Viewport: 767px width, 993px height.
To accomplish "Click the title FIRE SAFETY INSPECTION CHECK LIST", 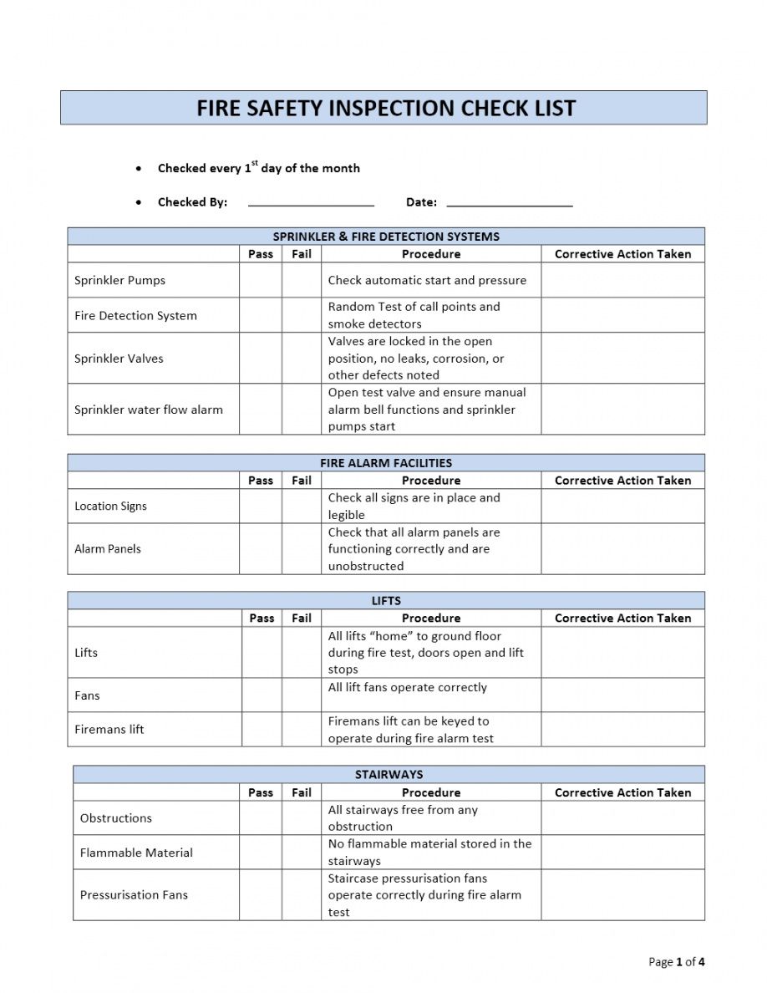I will [x=385, y=109].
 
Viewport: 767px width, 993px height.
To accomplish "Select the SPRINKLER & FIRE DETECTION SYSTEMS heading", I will [x=386, y=237].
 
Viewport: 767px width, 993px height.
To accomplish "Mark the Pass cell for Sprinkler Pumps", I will [x=261, y=281].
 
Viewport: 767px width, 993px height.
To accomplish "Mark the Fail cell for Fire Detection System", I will [x=302, y=315].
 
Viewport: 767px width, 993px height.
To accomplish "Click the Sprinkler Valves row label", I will [x=119, y=359].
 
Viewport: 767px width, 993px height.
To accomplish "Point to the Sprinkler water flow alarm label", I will [x=149, y=410].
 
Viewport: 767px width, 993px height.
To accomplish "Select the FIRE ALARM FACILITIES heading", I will [x=386, y=463].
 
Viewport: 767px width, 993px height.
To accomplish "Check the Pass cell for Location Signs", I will [x=261, y=507].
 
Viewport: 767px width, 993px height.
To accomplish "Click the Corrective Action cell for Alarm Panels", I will [x=622, y=549].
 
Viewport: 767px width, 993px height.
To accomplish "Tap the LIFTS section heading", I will [x=386, y=601].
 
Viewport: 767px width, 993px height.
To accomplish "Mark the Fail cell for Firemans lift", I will [x=302, y=730].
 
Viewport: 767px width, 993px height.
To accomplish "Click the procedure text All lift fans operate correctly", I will [x=408, y=688].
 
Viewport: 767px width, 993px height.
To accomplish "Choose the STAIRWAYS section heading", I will [x=389, y=775].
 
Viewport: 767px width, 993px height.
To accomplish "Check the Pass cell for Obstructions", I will [x=261, y=818].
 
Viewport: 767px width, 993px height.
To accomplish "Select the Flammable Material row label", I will [x=136, y=853].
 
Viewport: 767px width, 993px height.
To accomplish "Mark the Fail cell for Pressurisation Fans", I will [x=302, y=895].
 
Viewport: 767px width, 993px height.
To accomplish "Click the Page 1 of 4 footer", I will [x=676, y=962].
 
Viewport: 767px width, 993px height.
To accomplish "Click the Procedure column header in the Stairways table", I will [x=431, y=792].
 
